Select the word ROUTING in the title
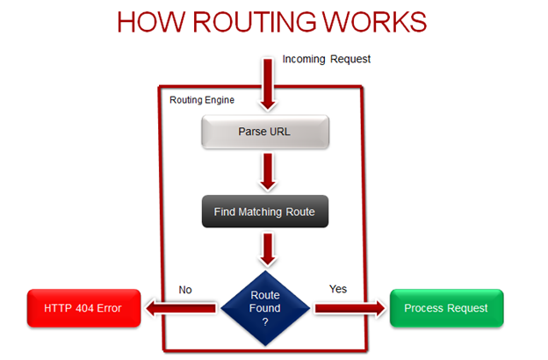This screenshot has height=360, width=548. [x=263, y=23]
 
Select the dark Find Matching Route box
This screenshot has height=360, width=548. [x=264, y=212]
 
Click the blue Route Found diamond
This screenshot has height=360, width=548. [x=265, y=308]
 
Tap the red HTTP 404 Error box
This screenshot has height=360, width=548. [x=83, y=308]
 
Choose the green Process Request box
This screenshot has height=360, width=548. [x=446, y=308]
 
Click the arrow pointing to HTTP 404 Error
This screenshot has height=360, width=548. [x=180, y=308]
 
